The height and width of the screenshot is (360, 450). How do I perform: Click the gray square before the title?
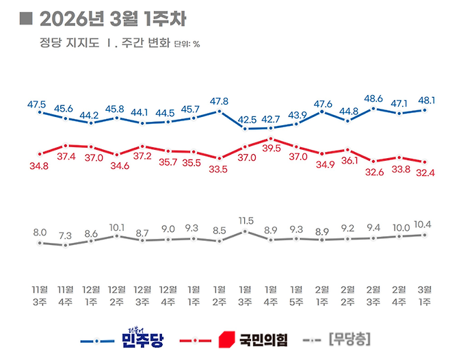pyautogui.click(x=26, y=17)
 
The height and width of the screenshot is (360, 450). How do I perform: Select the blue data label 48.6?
pyautogui.click(x=373, y=99)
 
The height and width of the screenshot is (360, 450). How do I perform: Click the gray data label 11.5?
pyautogui.click(x=246, y=220)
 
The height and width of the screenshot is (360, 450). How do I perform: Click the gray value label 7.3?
pyautogui.click(x=65, y=235)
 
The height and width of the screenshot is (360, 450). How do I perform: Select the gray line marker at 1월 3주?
pyautogui.click(x=246, y=231)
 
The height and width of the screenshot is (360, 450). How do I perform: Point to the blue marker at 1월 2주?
pyautogui.click(x=220, y=111)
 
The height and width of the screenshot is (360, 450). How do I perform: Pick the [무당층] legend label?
pyautogui.click(x=350, y=339)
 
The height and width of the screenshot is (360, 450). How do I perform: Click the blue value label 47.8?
pyautogui.click(x=219, y=100)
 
